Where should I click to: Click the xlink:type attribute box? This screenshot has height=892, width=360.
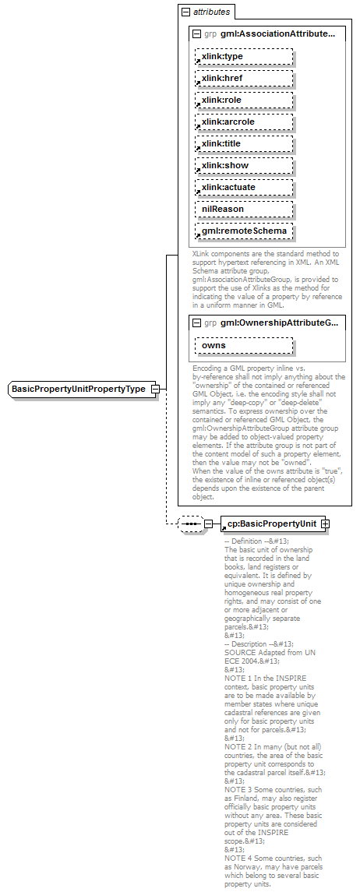244,57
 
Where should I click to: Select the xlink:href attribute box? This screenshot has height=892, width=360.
244,79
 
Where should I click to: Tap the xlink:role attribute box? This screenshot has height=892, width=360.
244,100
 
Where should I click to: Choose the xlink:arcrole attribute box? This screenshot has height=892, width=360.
244,122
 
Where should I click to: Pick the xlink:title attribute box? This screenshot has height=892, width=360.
244,144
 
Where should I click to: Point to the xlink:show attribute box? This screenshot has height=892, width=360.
244,166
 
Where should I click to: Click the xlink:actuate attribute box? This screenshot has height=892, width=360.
244,188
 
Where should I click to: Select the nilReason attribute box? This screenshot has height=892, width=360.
244,210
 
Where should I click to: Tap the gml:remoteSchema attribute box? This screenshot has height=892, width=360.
244,231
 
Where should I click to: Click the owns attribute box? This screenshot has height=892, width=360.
244,345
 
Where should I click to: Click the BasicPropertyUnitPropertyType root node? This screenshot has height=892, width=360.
78,389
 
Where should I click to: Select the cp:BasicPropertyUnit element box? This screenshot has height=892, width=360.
270,524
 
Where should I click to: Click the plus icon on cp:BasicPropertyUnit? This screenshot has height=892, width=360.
325,524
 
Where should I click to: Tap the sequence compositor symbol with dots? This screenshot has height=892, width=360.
190,524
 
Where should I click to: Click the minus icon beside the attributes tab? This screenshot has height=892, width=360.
185,12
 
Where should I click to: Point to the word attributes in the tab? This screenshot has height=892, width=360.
211,12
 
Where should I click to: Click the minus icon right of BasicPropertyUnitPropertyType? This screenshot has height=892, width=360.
156,389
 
